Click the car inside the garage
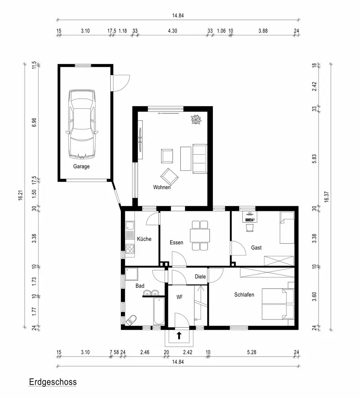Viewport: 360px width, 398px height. tap(82, 124)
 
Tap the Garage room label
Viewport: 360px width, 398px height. tap(82, 166)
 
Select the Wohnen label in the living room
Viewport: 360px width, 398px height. tap(162, 187)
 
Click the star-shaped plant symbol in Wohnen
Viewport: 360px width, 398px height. tap(196, 119)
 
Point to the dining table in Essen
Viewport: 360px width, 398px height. tap(200, 236)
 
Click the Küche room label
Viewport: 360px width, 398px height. tap(144, 239)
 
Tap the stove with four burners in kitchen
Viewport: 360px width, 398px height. tap(130, 249)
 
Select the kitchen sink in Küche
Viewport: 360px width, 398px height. tap(130, 230)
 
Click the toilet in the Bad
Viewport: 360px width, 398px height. tap(131, 320)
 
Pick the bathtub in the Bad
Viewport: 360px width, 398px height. tap(159, 311)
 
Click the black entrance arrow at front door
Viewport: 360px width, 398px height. tap(179, 336)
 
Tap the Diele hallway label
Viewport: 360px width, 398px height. tap(200, 277)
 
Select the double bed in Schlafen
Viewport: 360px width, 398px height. tap(278, 304)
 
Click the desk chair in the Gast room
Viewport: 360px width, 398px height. tap(250, 227)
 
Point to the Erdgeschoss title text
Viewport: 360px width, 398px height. tap(53, 382)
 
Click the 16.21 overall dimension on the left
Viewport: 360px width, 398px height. tap(21, 195)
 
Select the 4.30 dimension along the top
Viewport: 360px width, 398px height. tap(173, 31)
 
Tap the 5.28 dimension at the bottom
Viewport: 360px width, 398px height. tap(252, 352)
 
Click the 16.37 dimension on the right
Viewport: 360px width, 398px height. tap(327, 197)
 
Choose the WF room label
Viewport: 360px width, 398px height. tap(180, 297)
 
